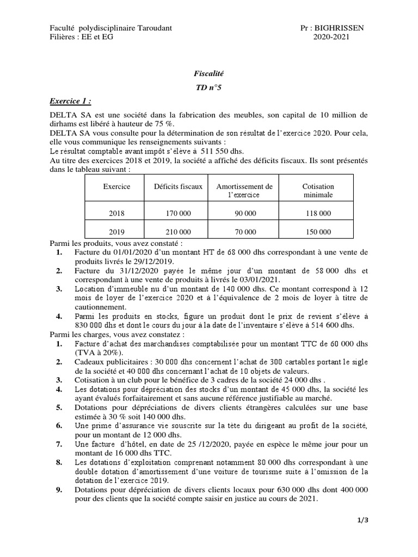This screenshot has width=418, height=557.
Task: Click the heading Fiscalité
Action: pyautogui.click(x=209, y=72)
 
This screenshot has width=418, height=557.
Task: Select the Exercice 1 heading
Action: pyautogui.click(x=70, y=101)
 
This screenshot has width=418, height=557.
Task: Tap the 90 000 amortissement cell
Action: pyautogui.click(x=245, y=213)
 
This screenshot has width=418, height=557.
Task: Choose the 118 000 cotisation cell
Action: pyautogui.click(x=318, y=213)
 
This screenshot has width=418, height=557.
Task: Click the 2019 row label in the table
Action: pyautogui.click(x=116, y=232)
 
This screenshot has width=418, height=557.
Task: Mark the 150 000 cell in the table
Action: pyautogui.click(x=318, y=232)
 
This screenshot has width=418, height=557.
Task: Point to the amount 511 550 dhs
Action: pyautogui.click(x=222, y=151)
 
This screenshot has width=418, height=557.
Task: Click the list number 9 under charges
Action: pyautogui.click(x=59, y=490)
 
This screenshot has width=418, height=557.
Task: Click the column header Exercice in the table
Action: pyautogui.click(x=116, y=186)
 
